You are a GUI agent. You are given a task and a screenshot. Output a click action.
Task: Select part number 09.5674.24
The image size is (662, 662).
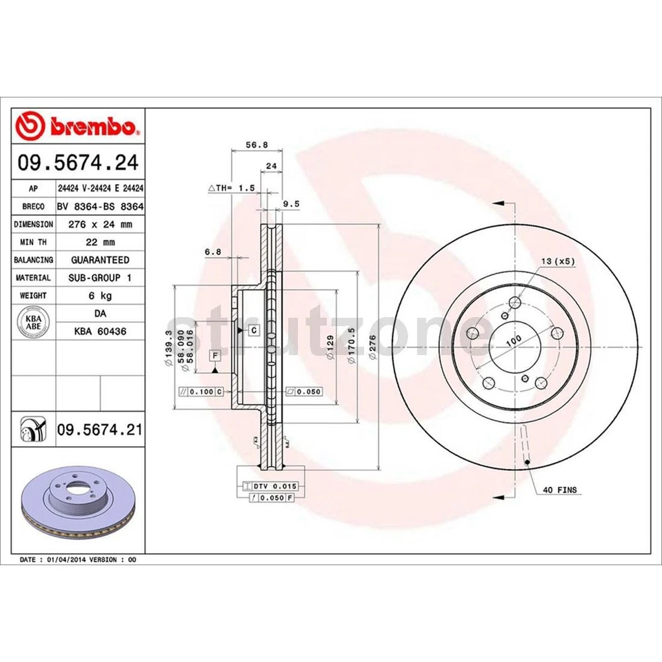(78, 163)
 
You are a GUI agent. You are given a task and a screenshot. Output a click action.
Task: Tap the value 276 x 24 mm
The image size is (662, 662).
(100, 224)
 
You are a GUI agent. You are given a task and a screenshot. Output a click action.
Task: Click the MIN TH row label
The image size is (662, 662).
(33, 242)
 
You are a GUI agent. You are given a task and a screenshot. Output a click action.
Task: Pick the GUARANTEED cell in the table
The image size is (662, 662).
(100, 260)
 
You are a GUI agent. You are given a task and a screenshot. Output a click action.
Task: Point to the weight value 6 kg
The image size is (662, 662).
(100, 296)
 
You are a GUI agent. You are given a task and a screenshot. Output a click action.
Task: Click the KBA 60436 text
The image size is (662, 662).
(100, 332)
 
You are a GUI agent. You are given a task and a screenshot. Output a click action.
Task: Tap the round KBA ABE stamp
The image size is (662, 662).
(33, 323)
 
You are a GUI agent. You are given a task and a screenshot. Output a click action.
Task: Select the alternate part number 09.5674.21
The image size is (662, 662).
(99, 430)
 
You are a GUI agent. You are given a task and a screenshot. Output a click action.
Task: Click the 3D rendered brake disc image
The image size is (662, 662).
(78, 502)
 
